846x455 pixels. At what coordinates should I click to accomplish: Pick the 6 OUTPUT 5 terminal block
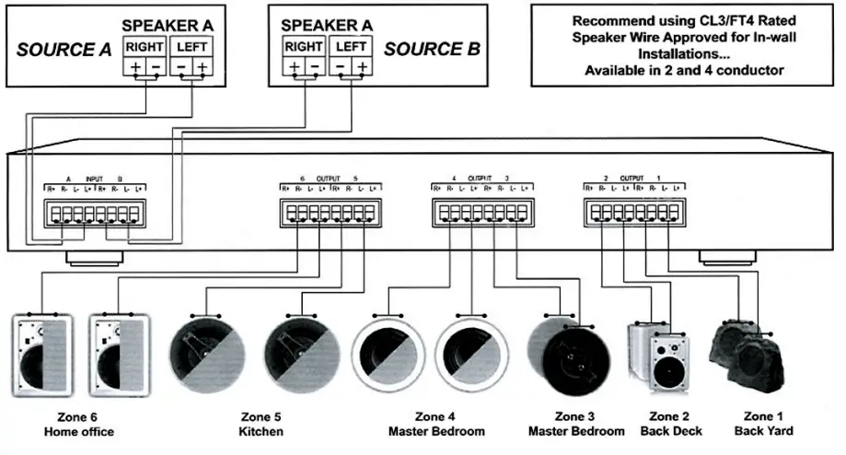point(327,214)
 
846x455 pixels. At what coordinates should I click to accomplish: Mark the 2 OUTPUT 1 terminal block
point(634,214)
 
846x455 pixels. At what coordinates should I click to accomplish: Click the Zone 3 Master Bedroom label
point(576,423)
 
